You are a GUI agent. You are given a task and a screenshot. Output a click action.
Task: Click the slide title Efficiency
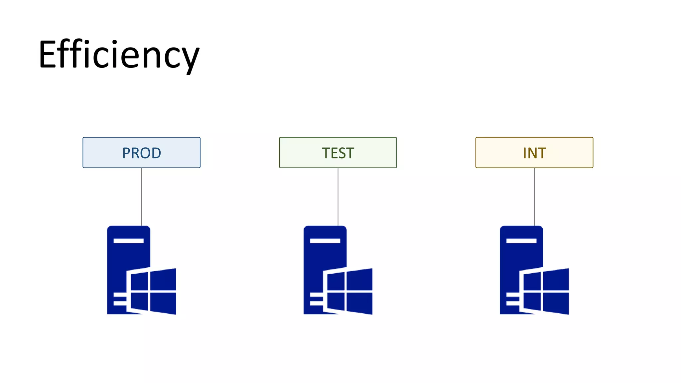pyautogui.click(x=119, y=55)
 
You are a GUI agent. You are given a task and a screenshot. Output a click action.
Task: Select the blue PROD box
pyautogui.click(x=141, y=153)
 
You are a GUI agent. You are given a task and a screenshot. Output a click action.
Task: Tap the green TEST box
pyautogui.click(x=338, y=153)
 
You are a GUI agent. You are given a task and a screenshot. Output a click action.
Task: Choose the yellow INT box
pyautogui.click(x=534, y=153)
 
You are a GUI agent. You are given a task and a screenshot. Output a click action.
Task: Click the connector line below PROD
pyautogui.click(x=142, y=196)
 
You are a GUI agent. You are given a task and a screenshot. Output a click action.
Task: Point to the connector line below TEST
pyautogui.click(x=338, y=196)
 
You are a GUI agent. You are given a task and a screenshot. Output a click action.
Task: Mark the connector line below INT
pyautogui.click(x=534, y=196)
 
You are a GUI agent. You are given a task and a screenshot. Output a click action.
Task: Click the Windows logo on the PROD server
pyautogui.click(x=153, y=291)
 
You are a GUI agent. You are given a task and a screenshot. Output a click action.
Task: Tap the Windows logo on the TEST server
pyautogui.click(x=349, y=291)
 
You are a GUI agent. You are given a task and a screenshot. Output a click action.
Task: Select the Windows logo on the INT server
pyautogui.click(x=546, y=291)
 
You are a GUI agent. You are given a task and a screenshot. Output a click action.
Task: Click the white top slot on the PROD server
pyautogui.click(x=129, y=241)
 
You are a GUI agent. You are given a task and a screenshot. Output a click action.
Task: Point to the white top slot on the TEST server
pyautogui.click(x=325, y=241)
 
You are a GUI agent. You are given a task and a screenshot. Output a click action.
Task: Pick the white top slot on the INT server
pyautogui.click(x=521, y=241)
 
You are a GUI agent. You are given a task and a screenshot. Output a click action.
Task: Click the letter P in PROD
pyautogui.click(x=126, y=153)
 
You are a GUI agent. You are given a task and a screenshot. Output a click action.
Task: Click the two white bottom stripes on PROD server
pyautogui.click(x=120, y=299)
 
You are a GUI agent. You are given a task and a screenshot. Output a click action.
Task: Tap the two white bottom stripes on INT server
pyautogui.click(x=512, y=299)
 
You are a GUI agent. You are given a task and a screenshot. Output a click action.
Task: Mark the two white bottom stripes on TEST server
pyautogui.click(x=316, y=299)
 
